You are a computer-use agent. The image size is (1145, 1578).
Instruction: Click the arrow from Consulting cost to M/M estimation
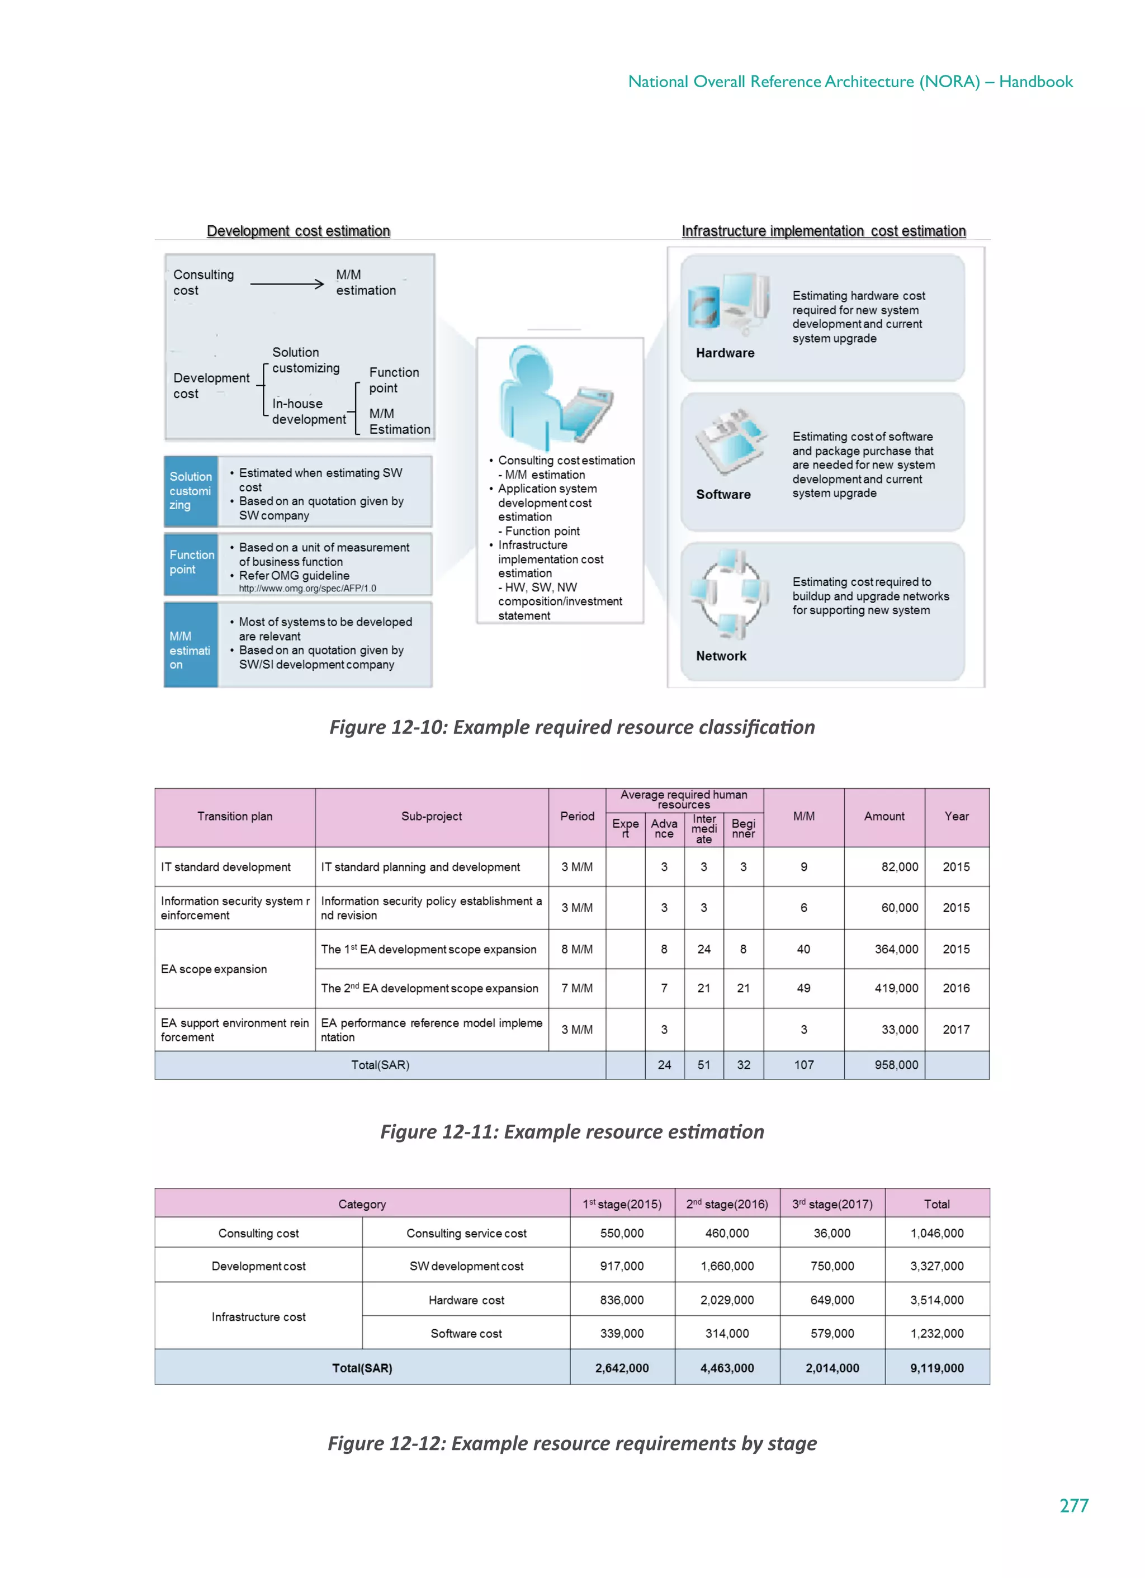pyautogui.click(x=286, y=283)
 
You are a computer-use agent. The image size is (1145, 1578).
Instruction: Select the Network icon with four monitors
pyautogui.click(x=728, y=594)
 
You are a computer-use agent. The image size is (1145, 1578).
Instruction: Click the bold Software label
pyautogui.click(x=722, y=494)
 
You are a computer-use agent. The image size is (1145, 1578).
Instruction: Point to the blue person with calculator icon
pyautogui.click(x=550, y=396)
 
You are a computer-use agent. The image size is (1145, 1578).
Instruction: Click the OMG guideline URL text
pyautogui.click(x=307, y=588)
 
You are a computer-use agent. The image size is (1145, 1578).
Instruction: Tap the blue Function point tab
pyautogui.click(x=191, y=562)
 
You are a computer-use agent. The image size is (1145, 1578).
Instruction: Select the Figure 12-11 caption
pyautogui.click(x=571, y=1131)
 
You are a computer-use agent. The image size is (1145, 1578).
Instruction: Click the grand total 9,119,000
pyautogui.click(x=936, y=1368)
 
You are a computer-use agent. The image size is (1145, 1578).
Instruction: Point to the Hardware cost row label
pyautogui.click(x=466, y=1300)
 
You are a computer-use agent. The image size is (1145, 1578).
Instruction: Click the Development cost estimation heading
pyautogui.click(x=298, y=231)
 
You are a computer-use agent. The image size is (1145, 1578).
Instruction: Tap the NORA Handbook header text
pyautogui.click(x=850, y=82)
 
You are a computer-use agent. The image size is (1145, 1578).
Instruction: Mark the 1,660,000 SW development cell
pyautogui.click(x=727, y=1266)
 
